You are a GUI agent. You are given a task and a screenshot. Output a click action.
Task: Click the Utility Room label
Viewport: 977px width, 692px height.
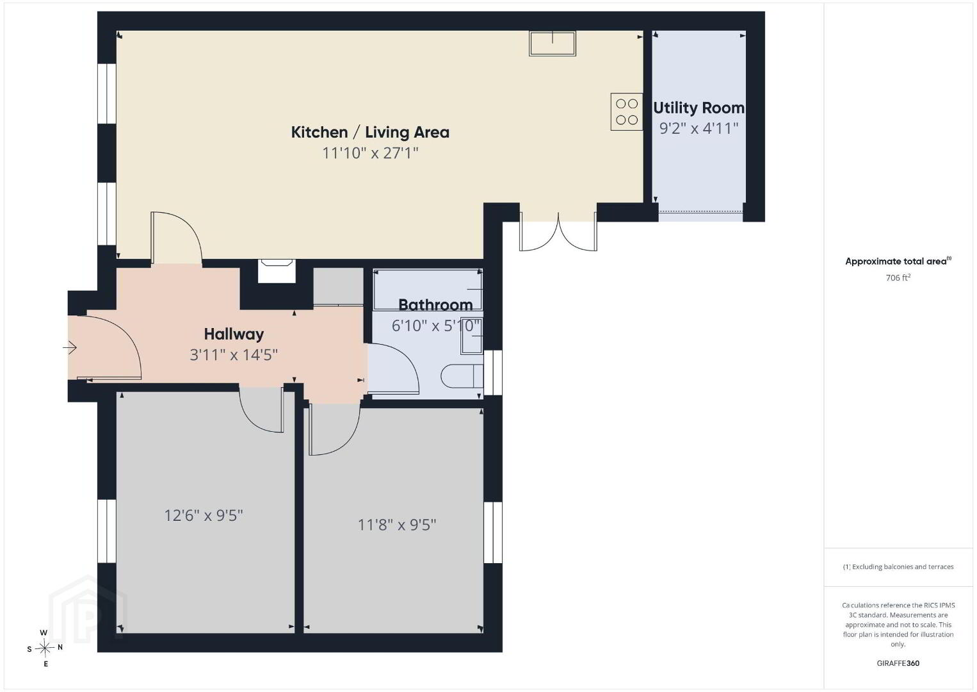pos(698,108)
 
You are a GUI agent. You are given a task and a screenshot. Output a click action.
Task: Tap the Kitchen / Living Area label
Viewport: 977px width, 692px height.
pos(370,132)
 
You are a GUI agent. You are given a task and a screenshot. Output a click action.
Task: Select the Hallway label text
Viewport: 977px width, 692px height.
pos(234,334)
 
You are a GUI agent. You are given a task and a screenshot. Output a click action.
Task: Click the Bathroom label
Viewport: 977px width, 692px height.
pos(435,305)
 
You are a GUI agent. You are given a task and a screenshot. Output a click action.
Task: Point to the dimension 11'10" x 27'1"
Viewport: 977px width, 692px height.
pos(370,153)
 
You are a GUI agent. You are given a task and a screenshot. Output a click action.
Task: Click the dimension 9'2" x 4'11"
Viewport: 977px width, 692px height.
pos(698,128)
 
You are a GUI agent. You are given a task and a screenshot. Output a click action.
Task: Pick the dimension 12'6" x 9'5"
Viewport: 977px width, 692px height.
pos(203,516)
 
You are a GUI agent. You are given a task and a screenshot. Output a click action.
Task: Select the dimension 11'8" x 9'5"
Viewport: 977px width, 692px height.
pos(397,525)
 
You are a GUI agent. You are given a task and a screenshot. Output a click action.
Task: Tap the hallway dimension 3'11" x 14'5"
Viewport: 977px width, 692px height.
pos(234,355)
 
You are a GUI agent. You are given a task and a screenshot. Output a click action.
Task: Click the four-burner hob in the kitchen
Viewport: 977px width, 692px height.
pos(627,111)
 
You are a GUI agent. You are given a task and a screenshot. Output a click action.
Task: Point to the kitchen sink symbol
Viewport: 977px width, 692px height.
pos(553,43)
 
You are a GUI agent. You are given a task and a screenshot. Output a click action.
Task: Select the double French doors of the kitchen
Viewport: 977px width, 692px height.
pos(558,232)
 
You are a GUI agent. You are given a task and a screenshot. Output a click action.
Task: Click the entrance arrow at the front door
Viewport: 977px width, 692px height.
pos(70,347)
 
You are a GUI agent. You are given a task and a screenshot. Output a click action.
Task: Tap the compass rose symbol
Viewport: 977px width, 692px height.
pos(45,648)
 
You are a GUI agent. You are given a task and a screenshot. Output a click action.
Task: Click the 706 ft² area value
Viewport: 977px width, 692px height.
pos(898,277)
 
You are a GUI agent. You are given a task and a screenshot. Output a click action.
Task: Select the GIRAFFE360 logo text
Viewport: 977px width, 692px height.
pos(898,663)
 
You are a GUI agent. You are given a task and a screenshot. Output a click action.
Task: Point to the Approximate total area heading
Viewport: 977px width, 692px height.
pos(898,261)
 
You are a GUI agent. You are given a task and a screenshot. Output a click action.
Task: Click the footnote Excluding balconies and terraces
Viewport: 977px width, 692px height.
pos(898,566)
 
